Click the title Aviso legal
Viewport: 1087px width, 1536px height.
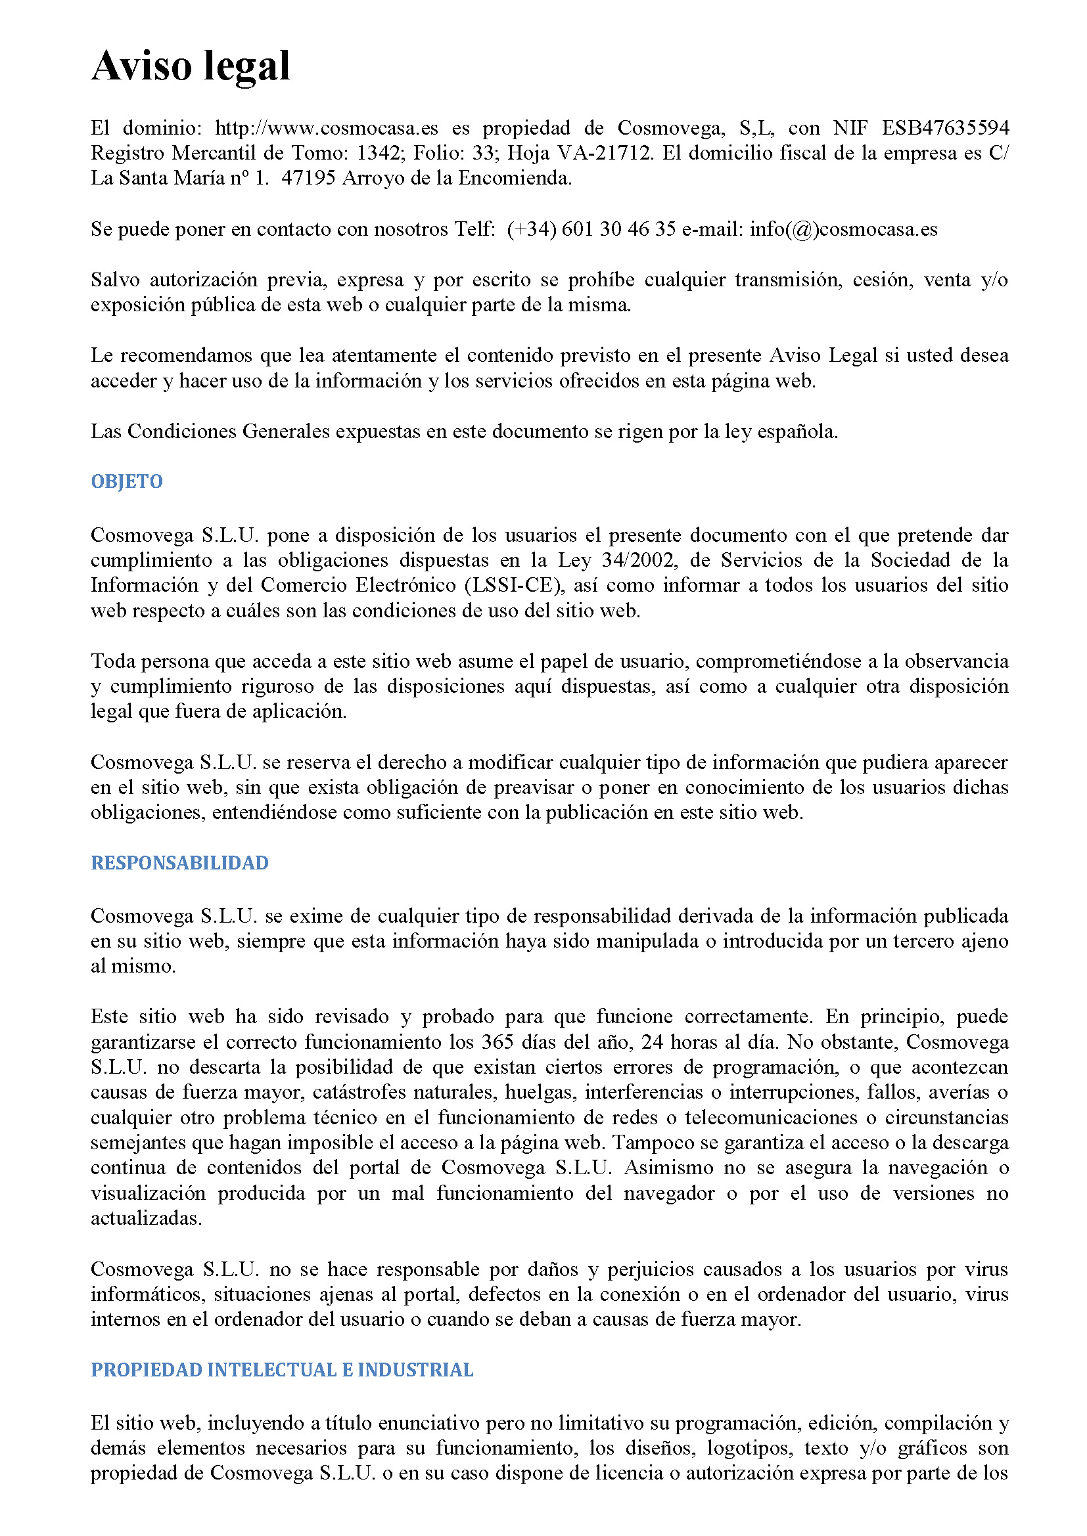pyautogui.click(x=191, y=67)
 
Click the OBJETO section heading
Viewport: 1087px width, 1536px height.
pyautogui.click(x=126, y=481)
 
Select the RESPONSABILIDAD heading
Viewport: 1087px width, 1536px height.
pyautogui.click(x=179, y=863)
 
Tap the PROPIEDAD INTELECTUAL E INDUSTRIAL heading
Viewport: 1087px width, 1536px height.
pyautogui.click(x=282, y=1370)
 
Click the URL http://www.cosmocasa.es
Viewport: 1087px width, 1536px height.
pyautogui.click(x=327, y=128)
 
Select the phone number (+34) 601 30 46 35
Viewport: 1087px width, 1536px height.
pyautogui.click(x=591, y=229)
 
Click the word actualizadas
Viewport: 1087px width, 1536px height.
pyautogui.click(x=146, y=1218)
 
